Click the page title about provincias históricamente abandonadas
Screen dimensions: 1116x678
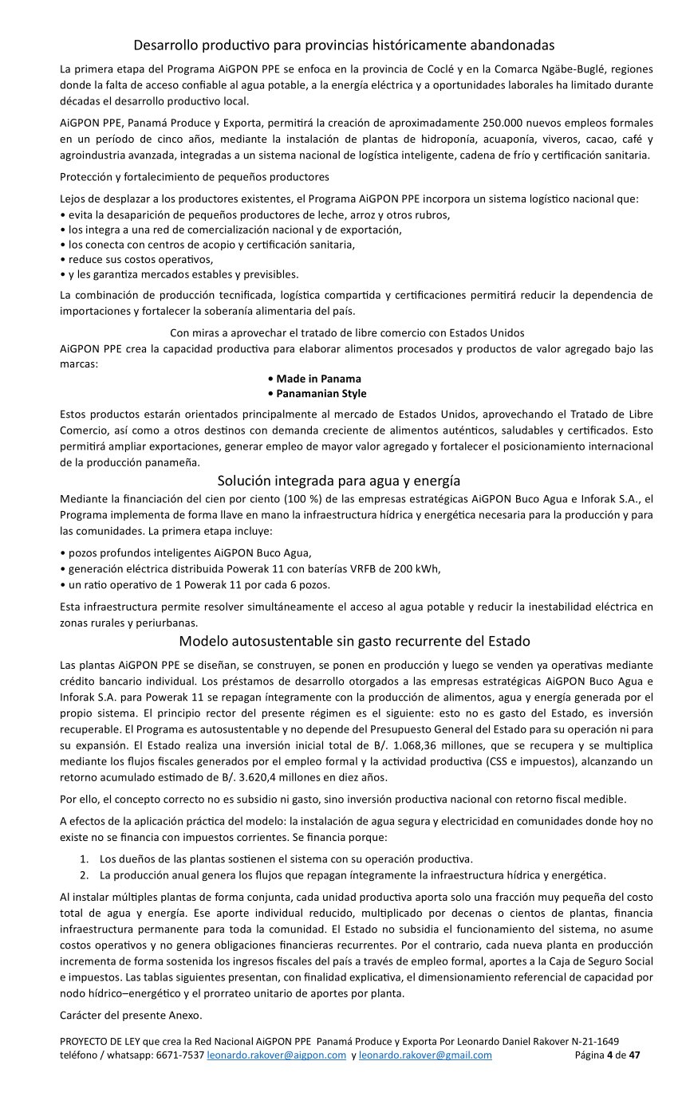point(344,45)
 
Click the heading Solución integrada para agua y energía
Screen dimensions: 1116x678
point(339,481)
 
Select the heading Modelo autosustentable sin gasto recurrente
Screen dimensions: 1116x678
point(354,641)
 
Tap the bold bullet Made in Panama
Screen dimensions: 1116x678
point(314,379)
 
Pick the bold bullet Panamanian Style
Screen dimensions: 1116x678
point(317,394)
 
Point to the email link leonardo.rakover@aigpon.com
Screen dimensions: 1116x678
point(276,1055)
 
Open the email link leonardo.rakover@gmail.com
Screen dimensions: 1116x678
point(425,1055)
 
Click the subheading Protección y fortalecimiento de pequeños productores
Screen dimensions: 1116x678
point(195,176)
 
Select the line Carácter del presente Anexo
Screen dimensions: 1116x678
point(132,1015)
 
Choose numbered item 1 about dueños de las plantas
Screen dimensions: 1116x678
point(286,859)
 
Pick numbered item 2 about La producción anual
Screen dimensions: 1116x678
point(353,874)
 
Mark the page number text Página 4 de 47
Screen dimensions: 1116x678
point(607,1055)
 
